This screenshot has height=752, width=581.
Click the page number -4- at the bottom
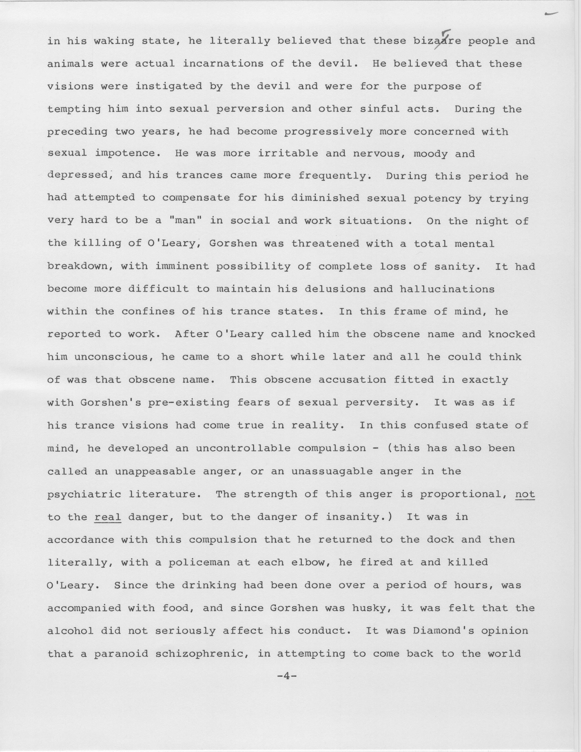tap(286, 676)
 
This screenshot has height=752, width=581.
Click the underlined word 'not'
tap(525, 494)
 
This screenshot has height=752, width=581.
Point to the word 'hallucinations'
tap(447, 289)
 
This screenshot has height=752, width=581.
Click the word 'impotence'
tap(128, 154)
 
